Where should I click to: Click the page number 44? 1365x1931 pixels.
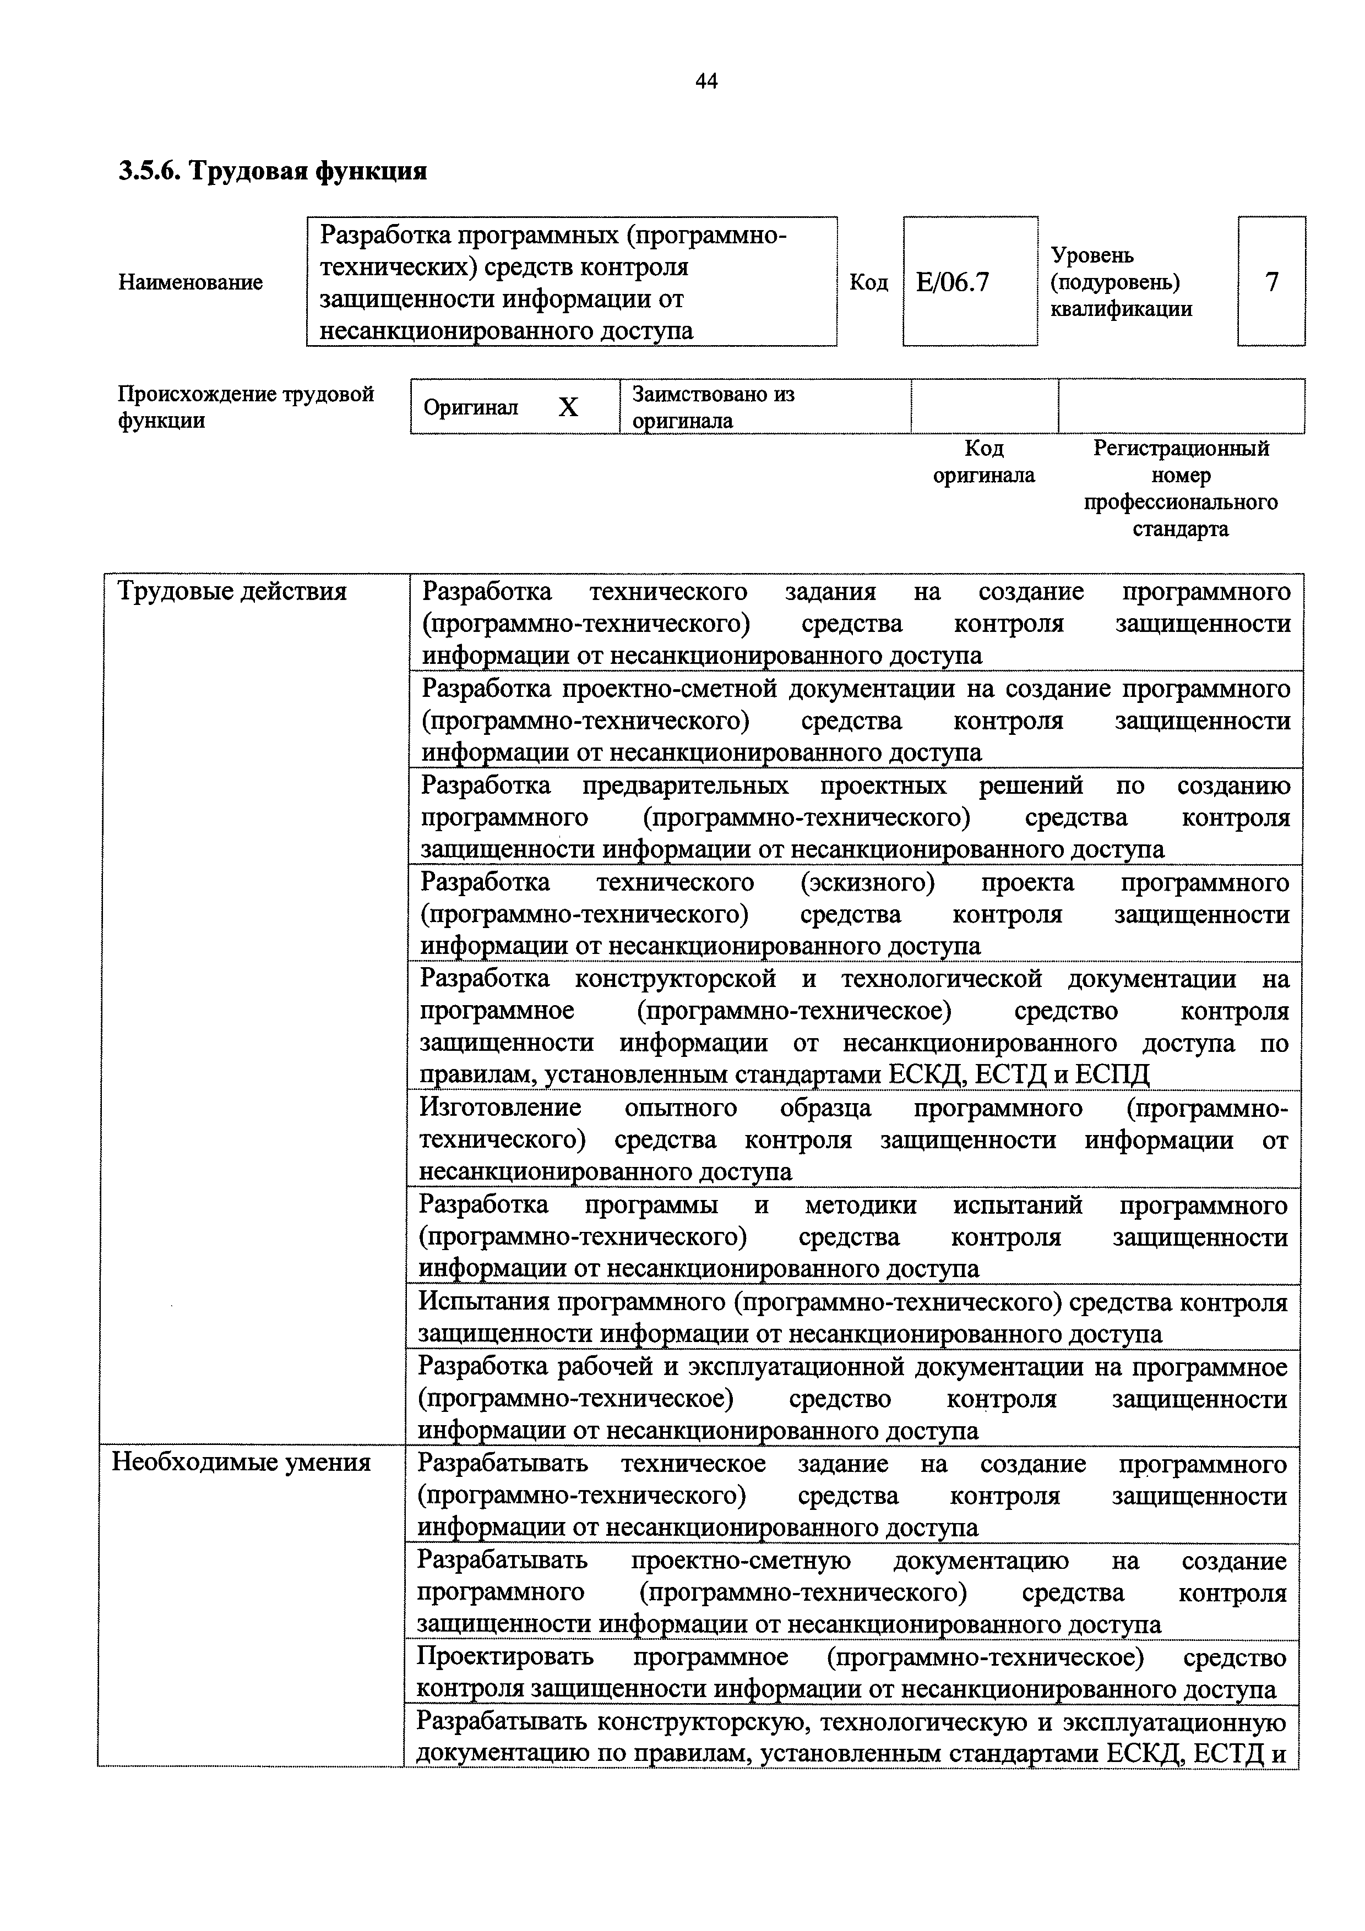(706, 81)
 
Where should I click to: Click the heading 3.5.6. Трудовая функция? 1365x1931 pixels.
(273, 172)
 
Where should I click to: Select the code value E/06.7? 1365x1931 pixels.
(953, 282)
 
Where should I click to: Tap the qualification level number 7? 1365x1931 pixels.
(1271, 282)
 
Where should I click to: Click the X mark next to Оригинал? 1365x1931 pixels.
(569, 408)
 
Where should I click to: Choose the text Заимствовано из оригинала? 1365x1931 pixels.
(713, 407)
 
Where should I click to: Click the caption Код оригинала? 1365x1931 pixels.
(984, 462)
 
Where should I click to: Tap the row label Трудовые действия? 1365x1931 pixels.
(232, 592)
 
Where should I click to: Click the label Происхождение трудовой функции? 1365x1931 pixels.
(246, 407)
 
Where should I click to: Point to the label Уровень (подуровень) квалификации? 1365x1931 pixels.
(1121, 282)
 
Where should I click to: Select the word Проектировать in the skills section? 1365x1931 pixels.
(505, 1657)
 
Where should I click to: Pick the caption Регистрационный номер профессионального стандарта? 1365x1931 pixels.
(1180, 489)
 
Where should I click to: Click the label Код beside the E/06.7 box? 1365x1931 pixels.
(869, 282)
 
